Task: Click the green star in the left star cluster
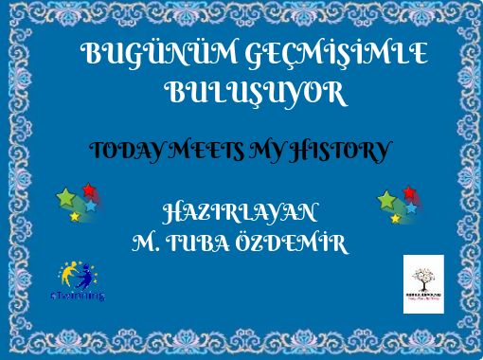[66, 197]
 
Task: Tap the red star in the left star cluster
[89, 189]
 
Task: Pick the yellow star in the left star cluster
[75, 217]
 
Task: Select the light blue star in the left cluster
[91, 205]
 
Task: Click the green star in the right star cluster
[386, 200]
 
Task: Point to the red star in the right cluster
[409, 191]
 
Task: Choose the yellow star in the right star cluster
[395, 219]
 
